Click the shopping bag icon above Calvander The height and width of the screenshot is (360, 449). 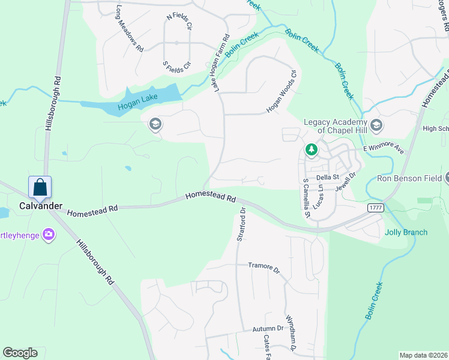click(x=40, y=187)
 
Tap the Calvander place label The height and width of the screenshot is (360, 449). click(x=40, y=206)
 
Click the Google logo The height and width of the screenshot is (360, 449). click(x=20, y=353)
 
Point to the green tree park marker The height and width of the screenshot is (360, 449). click(x=311, y=149)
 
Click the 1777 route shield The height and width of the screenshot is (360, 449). click(x=376, y=206)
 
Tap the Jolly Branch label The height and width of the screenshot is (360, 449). click(x=406, y=232)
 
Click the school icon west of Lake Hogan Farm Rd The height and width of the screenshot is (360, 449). click(x=155, y=124)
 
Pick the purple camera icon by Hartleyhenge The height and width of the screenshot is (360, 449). click(x=49, y=235)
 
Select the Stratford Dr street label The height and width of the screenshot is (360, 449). click(x=241, y=225)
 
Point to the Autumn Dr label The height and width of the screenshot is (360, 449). click(x=267, y=329)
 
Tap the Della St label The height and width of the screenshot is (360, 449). click(x=328, y=177)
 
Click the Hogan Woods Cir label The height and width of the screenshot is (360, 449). click(x=282, y=92)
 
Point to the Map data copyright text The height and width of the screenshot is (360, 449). click(x=424, y=355)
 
